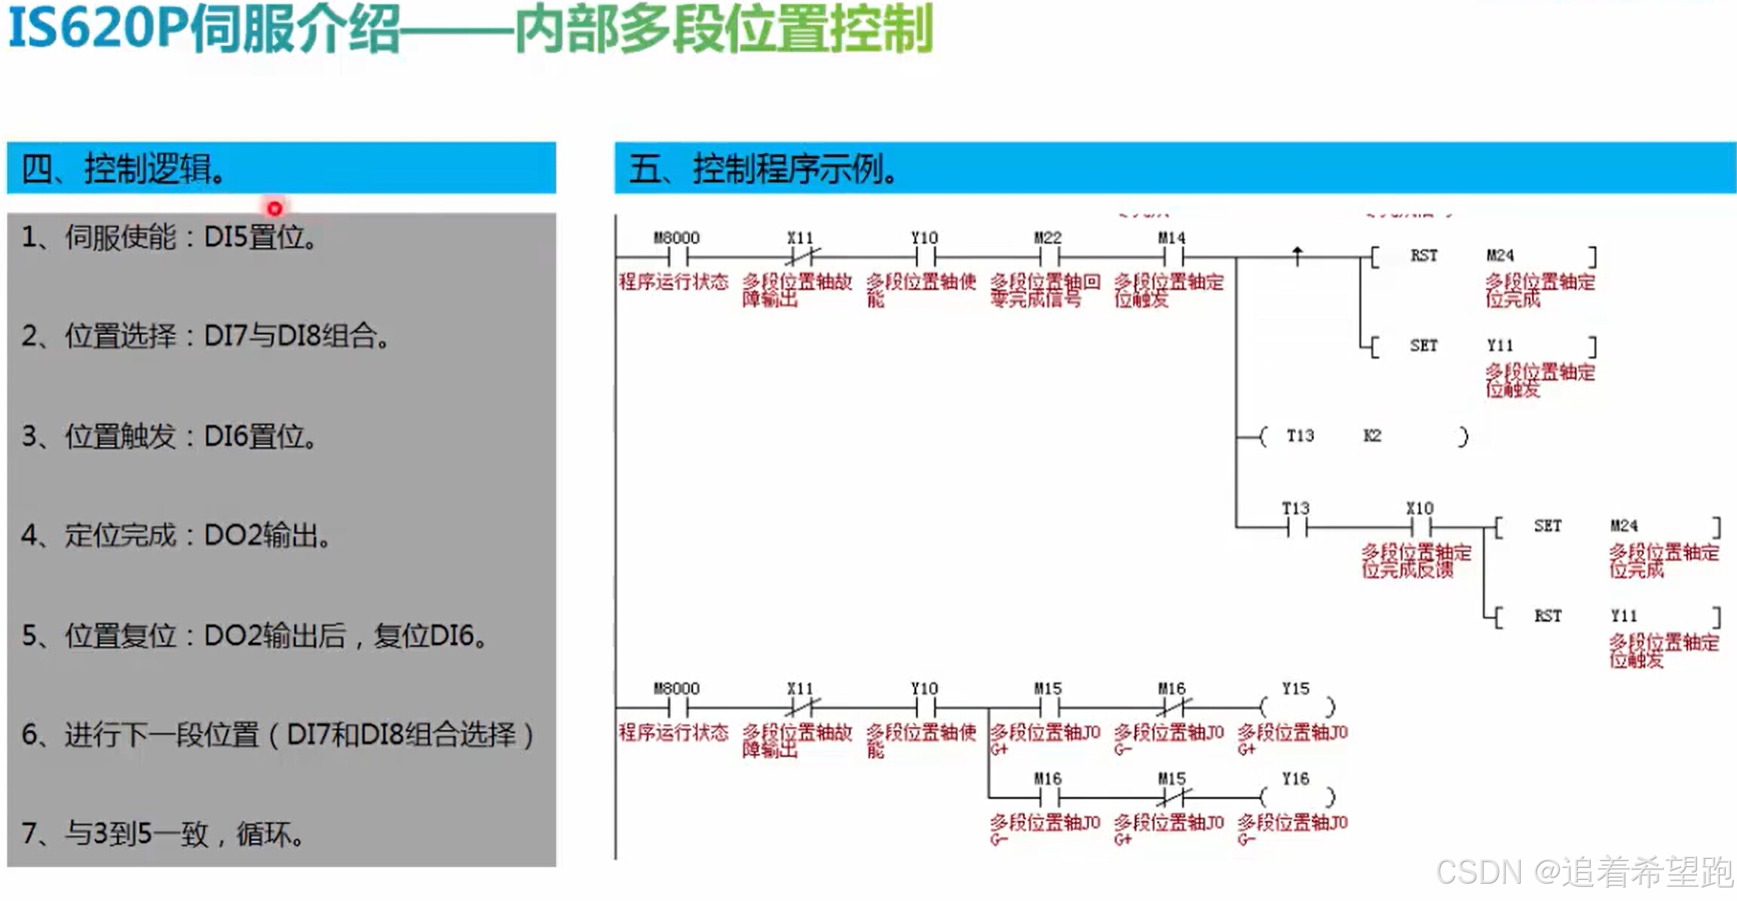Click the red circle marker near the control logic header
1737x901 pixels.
pos(274,208)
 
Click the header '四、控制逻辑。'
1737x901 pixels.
pos(124,168)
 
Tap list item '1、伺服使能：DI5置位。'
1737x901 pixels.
pos(169,238)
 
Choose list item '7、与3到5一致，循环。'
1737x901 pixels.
pos(162,834)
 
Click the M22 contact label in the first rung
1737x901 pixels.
pos(1048,238)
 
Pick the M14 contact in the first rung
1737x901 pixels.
pos(1172,256)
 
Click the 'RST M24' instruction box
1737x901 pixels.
pos(1482,256)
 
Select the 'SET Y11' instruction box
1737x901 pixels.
pos(1482,346)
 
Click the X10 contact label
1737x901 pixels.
pos(1420,508)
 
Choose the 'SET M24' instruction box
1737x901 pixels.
pos(1607,526)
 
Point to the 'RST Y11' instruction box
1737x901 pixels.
pos(1607,616)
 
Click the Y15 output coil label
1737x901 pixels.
pos(1295,689)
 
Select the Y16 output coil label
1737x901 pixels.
pos(1295,779)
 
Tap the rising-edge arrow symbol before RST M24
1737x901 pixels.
pos(1297,256)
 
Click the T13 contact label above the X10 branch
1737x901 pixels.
pos(1296,508)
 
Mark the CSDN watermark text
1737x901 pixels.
pos(1583,872)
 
